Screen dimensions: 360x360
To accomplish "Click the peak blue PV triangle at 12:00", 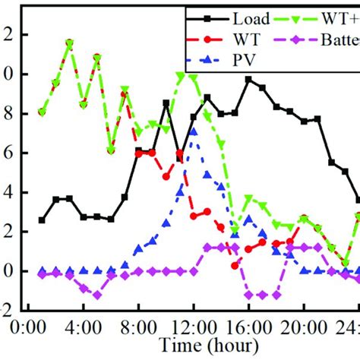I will point(194,131).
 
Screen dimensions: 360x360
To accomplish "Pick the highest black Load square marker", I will point(248,79).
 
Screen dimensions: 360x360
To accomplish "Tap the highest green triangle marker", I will point(69,43).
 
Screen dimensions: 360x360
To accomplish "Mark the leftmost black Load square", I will point(42,220).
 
